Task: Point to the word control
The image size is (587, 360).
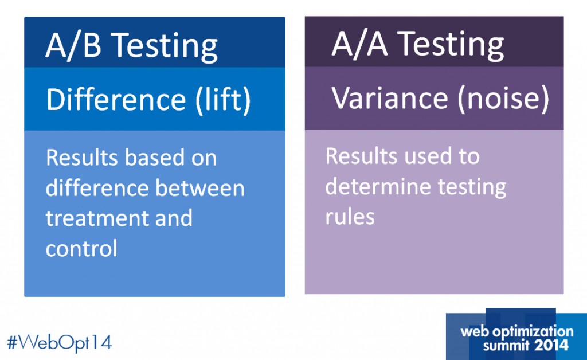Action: coord(81,248)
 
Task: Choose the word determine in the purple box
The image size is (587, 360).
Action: coord(382,187)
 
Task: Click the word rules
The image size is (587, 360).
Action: coord(350,217)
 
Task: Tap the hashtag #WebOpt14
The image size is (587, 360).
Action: coord(59,342)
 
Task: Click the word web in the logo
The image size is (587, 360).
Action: coord(473,331)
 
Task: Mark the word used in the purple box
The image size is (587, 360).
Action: coord(416,156)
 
